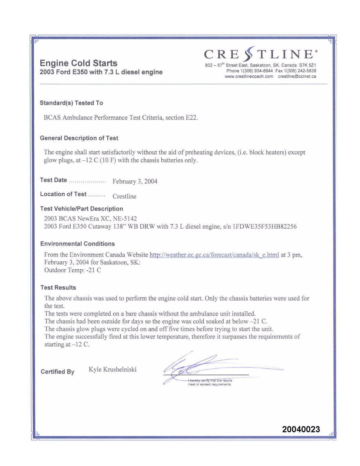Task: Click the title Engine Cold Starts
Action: click(79, 63)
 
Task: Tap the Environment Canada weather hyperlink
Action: click(214, 255)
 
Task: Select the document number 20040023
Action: click(301, 429)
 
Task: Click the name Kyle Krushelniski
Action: click(113, 370)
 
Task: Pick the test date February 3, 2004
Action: click(135, 181)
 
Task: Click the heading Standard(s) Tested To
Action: click(71, 103)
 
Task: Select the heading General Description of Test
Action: click(79, 138)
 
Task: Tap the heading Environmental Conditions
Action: click(77, 244)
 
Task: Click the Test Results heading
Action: click(58, 287)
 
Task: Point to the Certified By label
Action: click(57, 372)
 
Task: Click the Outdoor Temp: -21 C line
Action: click(73, 270)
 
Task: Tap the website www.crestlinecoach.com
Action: click(249, 77)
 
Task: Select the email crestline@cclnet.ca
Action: click(297, 77)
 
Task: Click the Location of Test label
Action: click(63, 194)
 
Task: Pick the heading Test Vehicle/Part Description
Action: click(81, 209)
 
